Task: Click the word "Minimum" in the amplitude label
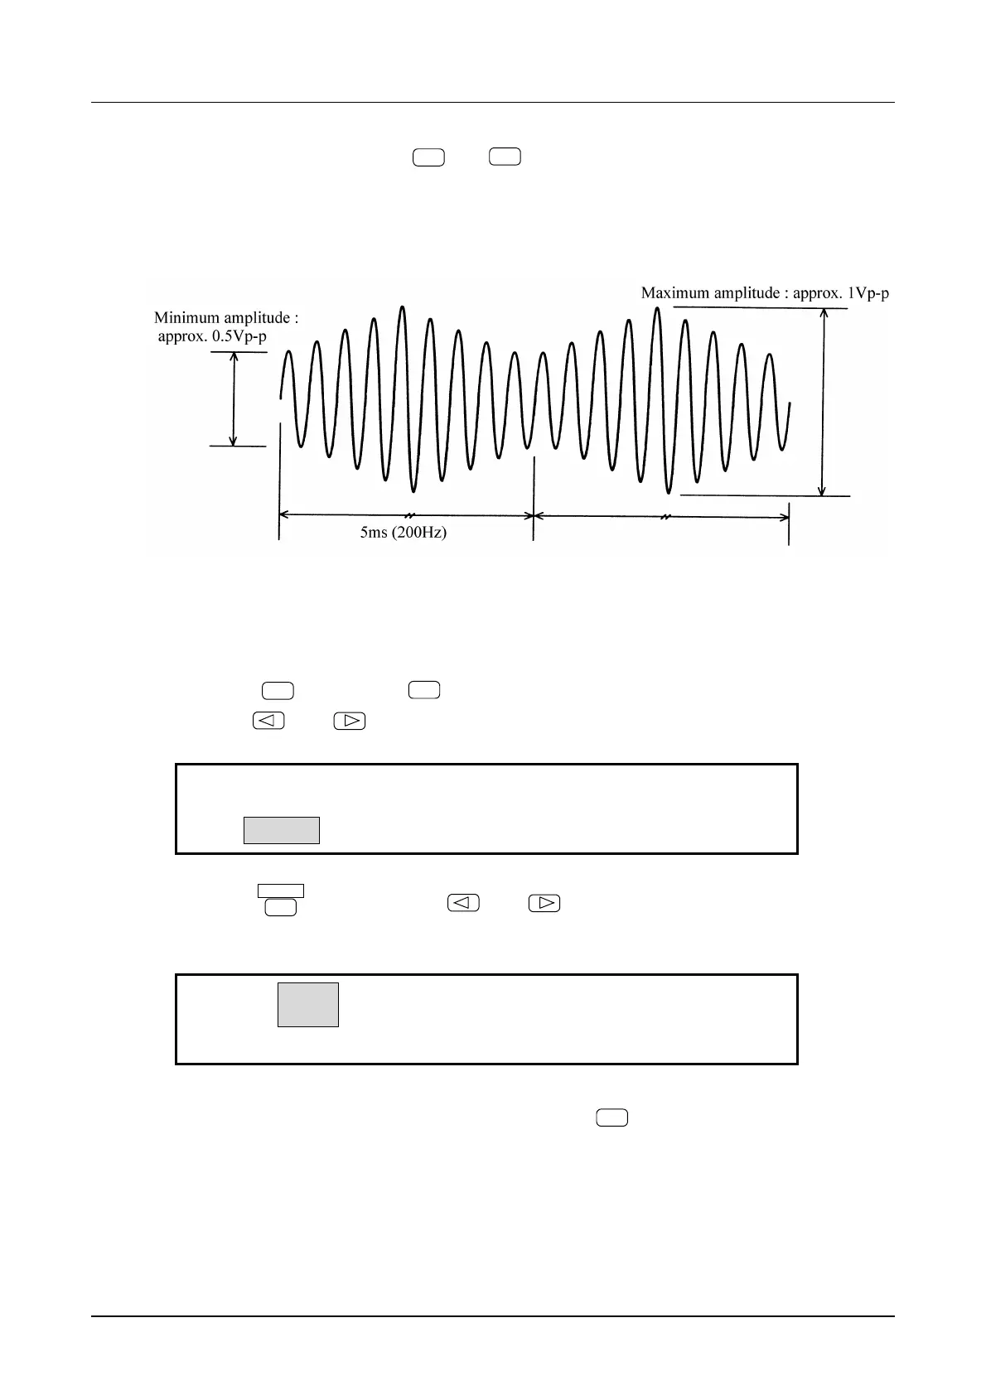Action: point(187,318)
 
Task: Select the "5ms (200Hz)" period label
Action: point(403,533)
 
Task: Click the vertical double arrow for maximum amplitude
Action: point(822,402)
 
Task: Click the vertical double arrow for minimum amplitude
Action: point(234,399)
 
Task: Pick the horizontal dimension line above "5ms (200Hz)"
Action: point(406,514)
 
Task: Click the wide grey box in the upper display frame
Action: point(282,830)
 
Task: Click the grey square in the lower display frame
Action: point(308,1005)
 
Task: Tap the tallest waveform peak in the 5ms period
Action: point(403,308)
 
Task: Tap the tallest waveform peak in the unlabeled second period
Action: point(657,310)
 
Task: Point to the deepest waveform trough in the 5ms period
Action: point(413,490)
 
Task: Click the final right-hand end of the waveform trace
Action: point(789,405)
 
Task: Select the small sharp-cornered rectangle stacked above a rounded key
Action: point(281,891)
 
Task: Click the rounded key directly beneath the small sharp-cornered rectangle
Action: point(281,908)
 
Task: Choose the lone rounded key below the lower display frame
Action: point(611,1119)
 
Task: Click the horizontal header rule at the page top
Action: point(493,104)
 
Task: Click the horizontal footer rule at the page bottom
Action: point(493,1316)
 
